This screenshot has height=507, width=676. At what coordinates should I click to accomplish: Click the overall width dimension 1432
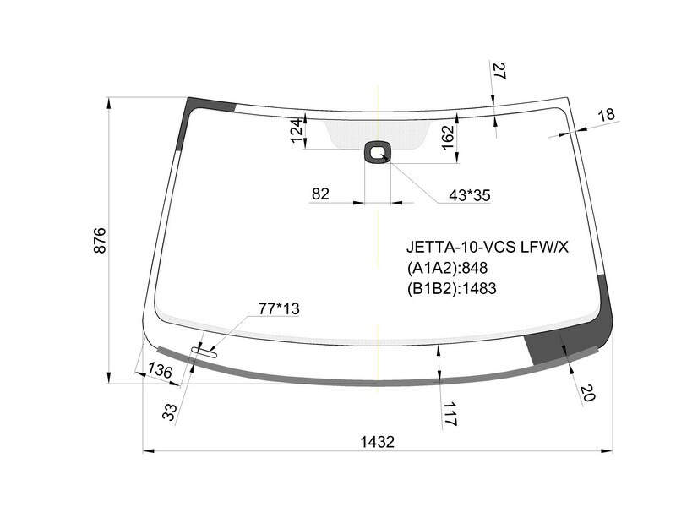coord(377,442)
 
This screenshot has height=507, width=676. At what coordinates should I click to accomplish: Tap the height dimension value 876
coord(100,240)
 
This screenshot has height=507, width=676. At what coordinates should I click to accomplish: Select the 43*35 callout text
coord(470,195)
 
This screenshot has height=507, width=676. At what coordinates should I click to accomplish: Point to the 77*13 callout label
coord(279,308)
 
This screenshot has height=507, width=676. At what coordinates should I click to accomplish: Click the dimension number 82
coord(320,194)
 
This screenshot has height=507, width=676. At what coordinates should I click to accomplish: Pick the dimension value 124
coord(297,131)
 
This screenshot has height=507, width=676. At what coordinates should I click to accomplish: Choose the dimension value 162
coord(449,137)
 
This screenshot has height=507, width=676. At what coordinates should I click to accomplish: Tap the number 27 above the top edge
coord(499,71)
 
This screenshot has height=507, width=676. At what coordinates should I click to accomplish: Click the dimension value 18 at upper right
coord(607,115)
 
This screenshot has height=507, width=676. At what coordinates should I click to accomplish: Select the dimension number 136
coord(160,370)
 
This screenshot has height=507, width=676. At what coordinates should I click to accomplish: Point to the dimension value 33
coord(170,412)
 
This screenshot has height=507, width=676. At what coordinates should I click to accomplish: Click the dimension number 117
coord(450,414)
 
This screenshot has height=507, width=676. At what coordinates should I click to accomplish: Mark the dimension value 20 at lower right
coord(586,393)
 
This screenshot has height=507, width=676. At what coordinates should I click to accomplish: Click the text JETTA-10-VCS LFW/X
coord(488,247)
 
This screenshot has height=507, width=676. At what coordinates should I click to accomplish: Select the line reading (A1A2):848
coord(447,268)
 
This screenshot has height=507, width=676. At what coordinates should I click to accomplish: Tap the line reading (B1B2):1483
coord(451,288)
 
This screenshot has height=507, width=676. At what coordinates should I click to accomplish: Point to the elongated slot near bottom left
coord(204,352)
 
